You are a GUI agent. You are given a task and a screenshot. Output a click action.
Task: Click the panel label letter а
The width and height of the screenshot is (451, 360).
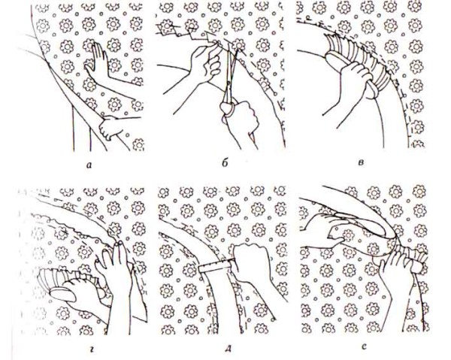89,165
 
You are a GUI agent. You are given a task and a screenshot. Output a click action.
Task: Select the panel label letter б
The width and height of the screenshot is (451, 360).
225,163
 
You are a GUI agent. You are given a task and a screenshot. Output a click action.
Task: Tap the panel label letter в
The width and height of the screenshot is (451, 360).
362,163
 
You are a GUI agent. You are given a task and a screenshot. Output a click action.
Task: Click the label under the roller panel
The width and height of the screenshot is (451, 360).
364,347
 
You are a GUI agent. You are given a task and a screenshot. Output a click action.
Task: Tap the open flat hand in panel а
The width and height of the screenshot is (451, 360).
97,62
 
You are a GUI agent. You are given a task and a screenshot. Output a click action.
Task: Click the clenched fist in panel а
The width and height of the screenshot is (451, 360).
110,127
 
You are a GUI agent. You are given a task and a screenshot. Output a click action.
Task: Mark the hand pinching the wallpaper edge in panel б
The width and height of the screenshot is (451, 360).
206,62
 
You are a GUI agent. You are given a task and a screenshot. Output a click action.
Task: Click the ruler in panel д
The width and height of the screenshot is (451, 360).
216,265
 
